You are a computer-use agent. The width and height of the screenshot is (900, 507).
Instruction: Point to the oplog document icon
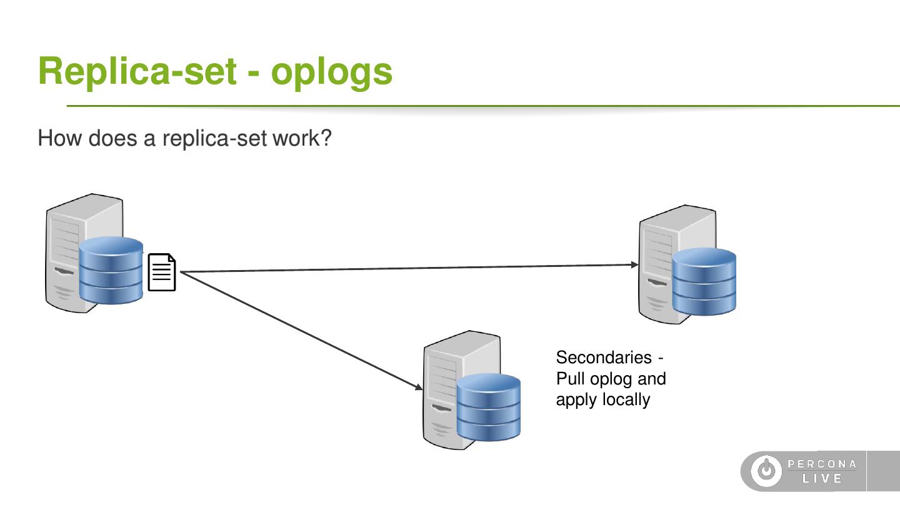162,272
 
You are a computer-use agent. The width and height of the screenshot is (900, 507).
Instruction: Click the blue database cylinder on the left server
111,270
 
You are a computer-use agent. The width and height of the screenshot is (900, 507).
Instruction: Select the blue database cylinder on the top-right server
704,281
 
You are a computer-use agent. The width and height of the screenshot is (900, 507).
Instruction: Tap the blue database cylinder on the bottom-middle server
489,407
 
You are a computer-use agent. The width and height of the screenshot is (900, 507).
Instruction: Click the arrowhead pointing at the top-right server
635,264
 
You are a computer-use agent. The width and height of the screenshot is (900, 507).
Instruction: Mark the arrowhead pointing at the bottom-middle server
419,387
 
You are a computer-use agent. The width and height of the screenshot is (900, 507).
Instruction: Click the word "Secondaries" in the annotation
604,357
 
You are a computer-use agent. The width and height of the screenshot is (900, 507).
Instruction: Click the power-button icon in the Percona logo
766,471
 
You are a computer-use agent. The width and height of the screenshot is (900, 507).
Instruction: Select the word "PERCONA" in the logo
822,464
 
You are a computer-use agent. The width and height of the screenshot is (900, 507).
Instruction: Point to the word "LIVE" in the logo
822,478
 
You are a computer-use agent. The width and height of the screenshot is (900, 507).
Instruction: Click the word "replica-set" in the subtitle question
214,139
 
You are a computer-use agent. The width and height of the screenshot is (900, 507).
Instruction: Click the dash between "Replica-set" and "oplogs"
254,74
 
